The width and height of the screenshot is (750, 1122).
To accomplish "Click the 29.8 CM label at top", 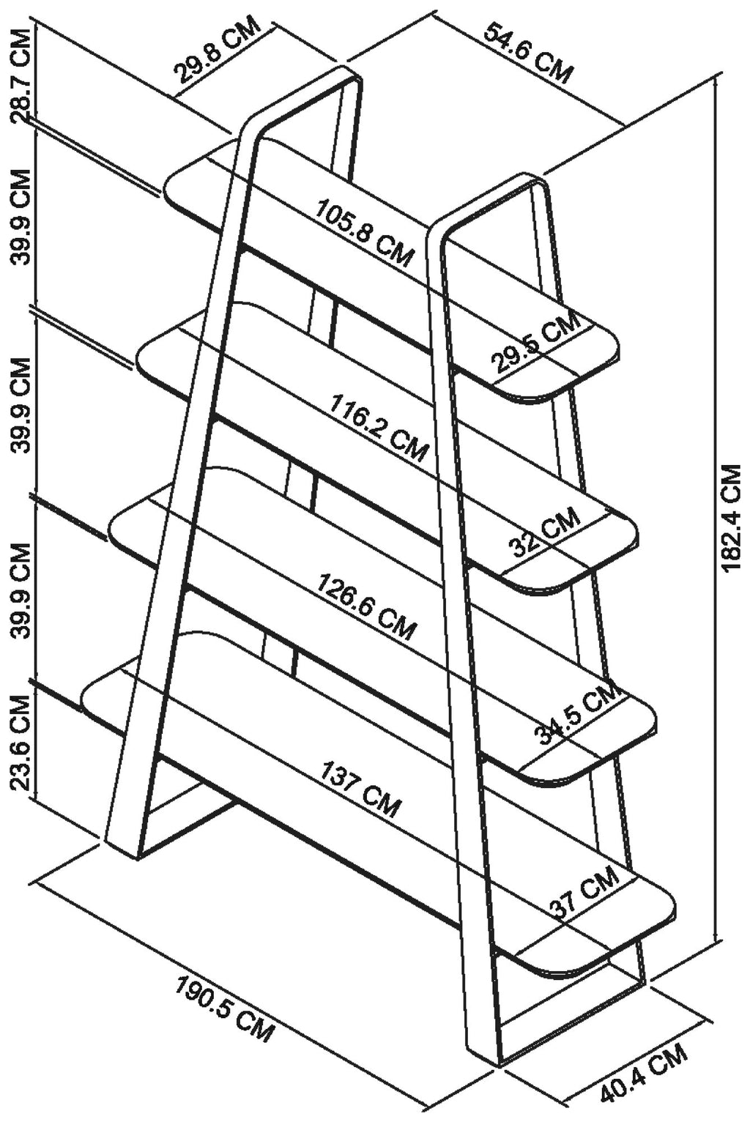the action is point(218,51).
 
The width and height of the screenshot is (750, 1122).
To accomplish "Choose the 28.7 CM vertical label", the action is point(22,75).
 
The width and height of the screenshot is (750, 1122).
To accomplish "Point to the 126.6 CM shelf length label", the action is point(365,606).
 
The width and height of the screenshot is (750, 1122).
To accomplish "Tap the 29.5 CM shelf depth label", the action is point(535,342).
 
